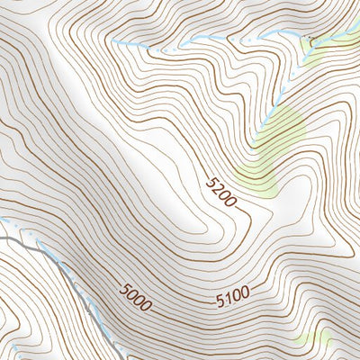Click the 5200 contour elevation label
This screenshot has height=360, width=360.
(220, 192)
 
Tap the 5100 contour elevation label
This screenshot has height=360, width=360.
(232, 294)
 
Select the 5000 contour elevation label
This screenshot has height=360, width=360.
(136, 297)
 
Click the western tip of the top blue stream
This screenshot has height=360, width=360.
(112, 41)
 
